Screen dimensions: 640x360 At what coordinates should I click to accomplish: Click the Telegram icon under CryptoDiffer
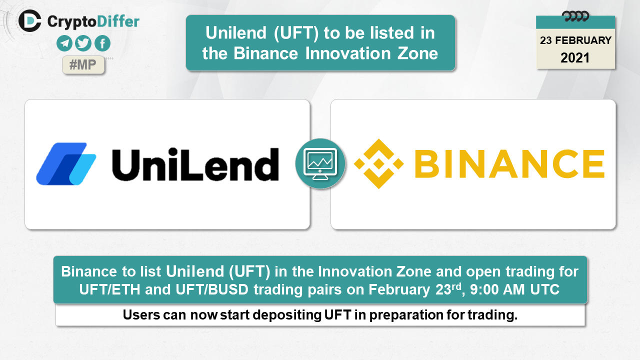click(x=64, y=43)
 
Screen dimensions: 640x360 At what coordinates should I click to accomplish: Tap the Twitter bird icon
click(x=83, y=43)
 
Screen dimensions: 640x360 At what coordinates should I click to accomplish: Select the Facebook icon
click(x=102, y=43)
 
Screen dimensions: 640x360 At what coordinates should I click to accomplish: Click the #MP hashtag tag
click(x=83, y=65)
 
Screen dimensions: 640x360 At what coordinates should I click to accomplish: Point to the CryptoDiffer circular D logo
click(x=29, y=21)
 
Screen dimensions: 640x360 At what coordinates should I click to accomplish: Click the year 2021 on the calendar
click(x=575, y=58)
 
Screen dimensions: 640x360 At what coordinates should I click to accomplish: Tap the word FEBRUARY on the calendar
click(x=583, y=40)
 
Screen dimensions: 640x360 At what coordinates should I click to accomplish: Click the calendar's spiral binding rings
click(x=575, y=16)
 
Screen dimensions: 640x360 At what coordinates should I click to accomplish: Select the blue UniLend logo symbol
click(x=66, y=163)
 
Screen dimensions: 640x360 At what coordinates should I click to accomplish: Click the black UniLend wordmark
click(x=195, y=164)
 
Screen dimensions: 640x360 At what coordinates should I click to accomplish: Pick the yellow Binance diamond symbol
click(x=379, y=163)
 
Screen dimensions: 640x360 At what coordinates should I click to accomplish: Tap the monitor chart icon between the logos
click(x=320, y=163)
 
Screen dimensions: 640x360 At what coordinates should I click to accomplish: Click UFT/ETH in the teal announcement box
click(x=109, y=289)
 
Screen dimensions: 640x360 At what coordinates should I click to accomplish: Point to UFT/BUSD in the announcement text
click(x=212, y=289)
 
